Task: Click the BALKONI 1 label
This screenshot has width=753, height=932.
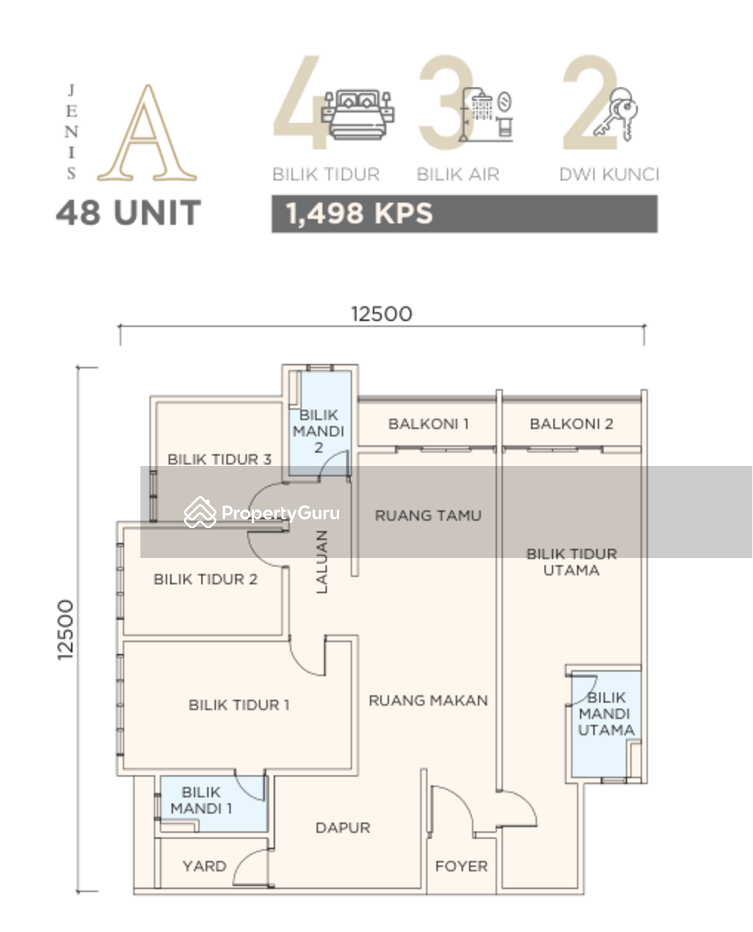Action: coord(428,424)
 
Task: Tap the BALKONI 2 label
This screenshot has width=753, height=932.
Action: coord(571,424)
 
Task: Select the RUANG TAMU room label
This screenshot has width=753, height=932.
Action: coord(428,516)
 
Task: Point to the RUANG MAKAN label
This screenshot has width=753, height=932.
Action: coord(428,700)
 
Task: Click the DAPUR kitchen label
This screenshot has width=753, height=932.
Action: coord(342,828)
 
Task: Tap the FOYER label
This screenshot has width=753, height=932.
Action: coord(461,866)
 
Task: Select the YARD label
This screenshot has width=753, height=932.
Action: coord(204,866)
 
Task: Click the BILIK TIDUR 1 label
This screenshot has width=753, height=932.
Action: coord(239,705)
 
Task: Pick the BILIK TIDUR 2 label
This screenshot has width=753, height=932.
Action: coord(205,579)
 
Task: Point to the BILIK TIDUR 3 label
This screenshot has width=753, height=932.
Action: coord(219,459)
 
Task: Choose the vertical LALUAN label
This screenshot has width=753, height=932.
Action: coord(322,562)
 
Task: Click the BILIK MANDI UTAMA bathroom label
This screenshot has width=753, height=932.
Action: coord(606,714)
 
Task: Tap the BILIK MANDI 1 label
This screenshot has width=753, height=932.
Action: coord(201,800)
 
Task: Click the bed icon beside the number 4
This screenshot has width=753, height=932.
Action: coord(357,114)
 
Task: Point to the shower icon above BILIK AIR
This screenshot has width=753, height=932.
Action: coord(486,115)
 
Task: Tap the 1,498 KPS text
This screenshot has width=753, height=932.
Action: coord(359,214)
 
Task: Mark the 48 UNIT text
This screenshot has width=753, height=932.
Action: coord(128,213)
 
